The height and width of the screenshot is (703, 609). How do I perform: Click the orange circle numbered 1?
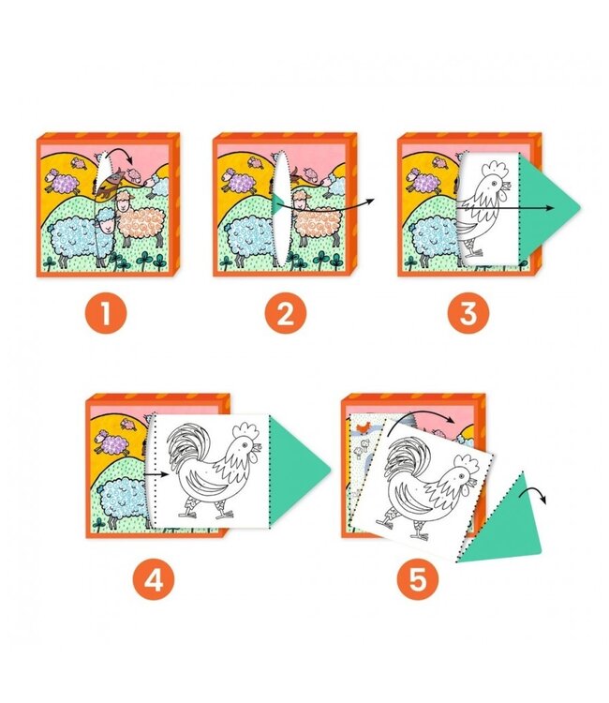(106, 312)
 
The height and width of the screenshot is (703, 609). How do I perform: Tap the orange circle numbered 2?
(286, 312)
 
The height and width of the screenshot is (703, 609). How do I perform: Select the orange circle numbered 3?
(468, 312)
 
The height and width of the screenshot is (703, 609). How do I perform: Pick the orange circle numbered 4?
(154, 579)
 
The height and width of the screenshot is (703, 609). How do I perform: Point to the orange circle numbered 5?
(418, 579)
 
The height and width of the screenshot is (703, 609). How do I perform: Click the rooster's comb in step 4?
(247, 430)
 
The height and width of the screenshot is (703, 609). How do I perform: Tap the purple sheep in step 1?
(62, 181)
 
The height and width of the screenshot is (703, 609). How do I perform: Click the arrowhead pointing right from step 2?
(369, 202)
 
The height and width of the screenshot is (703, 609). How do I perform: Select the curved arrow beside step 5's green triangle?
(534, 495)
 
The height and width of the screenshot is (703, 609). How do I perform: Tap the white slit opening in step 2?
(282, 208)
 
